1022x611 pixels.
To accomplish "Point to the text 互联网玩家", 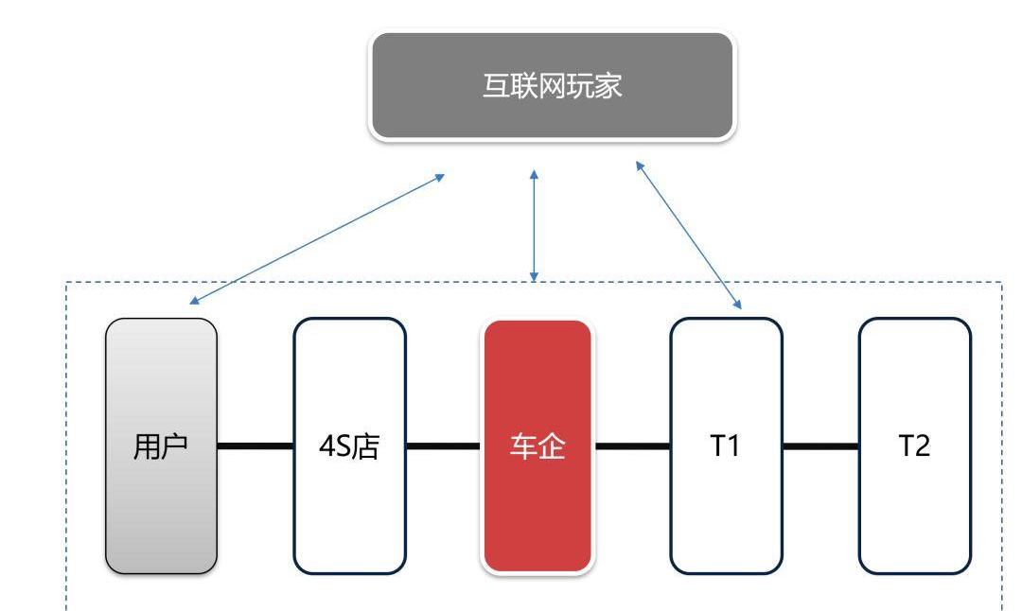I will pyautogui.click(x=552, y=86).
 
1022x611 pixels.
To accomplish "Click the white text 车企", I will pyautogui.click(x=537, y=446).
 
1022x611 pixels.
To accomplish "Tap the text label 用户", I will pyautogui.click(x=161, y=446).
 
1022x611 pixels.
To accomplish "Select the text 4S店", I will pyautogui.click(x=349, y=446).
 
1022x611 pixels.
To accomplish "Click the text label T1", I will pyautogui.click(x=726, y=445).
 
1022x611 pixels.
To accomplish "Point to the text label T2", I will pyautogui.click(x=914, y=445).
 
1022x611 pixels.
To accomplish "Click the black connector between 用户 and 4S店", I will pyautogui.click(x=255, y=445).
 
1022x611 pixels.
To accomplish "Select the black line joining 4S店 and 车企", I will pyautogui.click(x=444, y=445).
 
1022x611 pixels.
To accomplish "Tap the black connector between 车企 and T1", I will pyautogui.click(x=632, y=445).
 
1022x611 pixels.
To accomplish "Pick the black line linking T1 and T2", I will pyautogui.click(x=820, y=445).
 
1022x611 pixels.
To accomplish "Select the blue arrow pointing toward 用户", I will pyautogui.click(x=317, y=238).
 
